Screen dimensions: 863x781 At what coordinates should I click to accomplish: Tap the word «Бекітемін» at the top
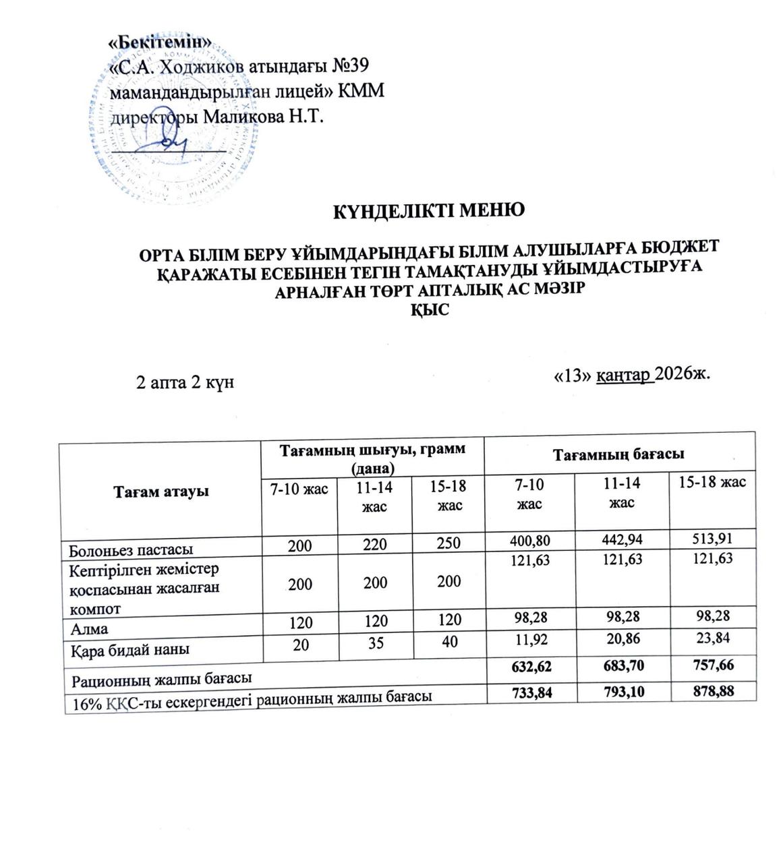[161, 42]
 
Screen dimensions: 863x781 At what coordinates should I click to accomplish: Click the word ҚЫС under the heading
[430, 311]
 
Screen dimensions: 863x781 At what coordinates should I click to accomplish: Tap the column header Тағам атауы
[161, 491]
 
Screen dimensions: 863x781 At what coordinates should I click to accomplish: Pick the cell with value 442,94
[619, 539]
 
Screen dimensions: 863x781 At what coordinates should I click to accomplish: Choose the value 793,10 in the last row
[619, 692]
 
